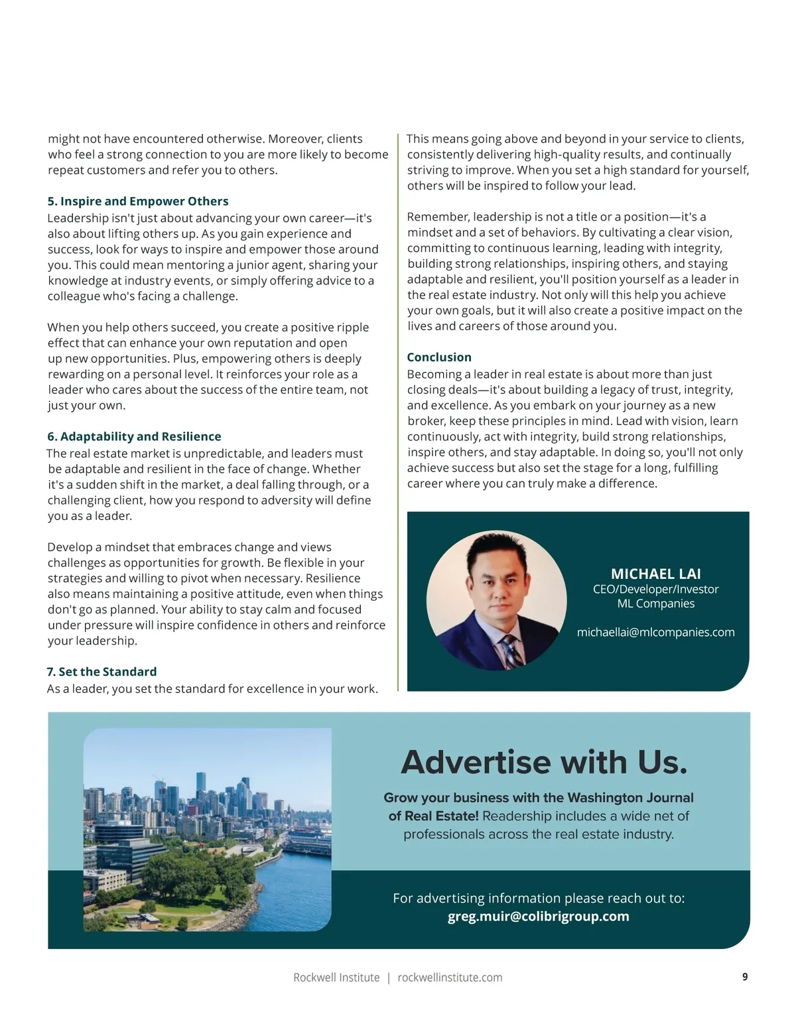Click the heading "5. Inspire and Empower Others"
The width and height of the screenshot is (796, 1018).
coord(138,201)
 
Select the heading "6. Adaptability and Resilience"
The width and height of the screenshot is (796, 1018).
coord(134,436)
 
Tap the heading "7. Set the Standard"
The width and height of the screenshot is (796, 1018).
coord(101,672)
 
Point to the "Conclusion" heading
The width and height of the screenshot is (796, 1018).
coord(439,357)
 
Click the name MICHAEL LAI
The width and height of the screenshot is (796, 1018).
coord(655,574)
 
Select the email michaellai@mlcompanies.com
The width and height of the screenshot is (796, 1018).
coord(655,632)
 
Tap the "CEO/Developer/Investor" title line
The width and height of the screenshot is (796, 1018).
coord(655,589)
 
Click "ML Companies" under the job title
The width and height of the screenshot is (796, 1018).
coord(655,604)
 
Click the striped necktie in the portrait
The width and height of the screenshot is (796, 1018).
coord(510,650)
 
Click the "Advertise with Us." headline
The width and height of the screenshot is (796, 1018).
coord(544,762)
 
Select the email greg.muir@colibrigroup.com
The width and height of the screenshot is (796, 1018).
coord(538,917)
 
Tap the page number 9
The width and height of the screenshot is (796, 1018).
coord(745,977)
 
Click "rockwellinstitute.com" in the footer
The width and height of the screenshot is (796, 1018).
coord(450,978)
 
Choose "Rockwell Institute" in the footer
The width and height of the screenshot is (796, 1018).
coord(336,978)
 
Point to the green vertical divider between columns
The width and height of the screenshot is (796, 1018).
coord(398,411)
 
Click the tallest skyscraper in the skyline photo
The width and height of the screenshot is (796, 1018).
coord(200,789)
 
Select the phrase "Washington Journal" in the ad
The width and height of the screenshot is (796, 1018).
coord(630,798)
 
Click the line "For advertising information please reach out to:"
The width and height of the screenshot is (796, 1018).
coord(538,899)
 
